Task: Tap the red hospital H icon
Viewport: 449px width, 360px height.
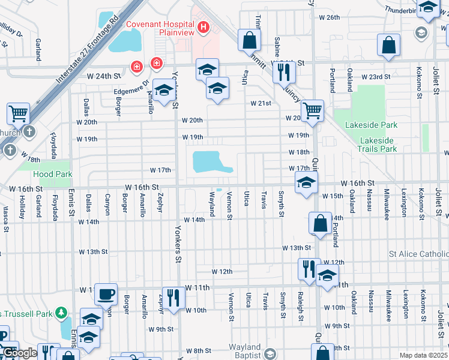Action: coord(203,27)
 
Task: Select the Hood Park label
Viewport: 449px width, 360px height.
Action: coord(55,175)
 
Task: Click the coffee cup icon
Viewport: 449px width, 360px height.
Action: coord(106,293)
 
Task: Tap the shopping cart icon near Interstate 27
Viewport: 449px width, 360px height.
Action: coord(19,112)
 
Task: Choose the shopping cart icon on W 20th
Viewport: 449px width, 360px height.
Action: coord(312,110)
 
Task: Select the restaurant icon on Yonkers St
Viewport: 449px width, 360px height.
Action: coord(173,297)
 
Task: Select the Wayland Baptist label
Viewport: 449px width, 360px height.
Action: coord(244,351)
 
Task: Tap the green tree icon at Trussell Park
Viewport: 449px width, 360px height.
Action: coord(61,313)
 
